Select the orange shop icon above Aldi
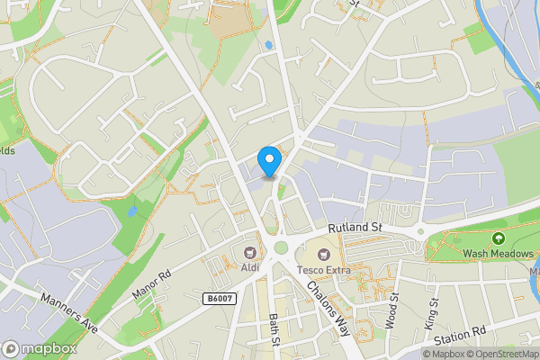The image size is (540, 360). point(250,252)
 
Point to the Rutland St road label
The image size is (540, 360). point(355,229)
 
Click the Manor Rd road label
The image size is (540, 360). point(150,287)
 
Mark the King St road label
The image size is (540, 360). point(431,311)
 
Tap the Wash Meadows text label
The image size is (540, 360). point(499,255)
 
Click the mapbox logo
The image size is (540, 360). point(39,348)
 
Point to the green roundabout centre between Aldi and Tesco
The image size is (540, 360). point(282,248)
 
